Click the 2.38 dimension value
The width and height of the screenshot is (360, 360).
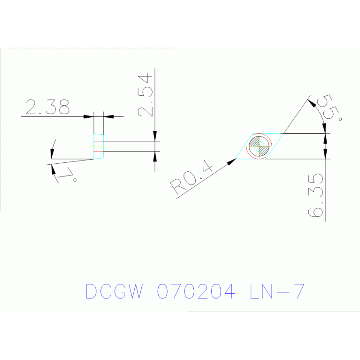click(47, 107)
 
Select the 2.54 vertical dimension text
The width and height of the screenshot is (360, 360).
click(145, 95)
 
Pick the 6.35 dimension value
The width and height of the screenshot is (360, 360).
click(316, 195)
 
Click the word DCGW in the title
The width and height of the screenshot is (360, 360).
click(114, 291)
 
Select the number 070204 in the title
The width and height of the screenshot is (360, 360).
click(195, 291)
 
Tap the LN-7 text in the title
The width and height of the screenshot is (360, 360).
click(277, 291)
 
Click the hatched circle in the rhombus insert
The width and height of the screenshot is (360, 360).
click(259, 146)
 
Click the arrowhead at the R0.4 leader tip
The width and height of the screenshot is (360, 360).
click(231, 161)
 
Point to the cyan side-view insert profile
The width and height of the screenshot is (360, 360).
click(99, 146)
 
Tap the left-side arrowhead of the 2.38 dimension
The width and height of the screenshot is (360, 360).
click(88, 116)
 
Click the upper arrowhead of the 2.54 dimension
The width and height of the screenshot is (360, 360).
click(155, 136)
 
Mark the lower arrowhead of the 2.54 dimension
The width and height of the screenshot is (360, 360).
click(155, 156)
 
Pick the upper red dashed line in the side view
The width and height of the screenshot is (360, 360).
click(98, 141)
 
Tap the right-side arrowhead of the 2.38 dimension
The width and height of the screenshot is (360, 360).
click(108, 116)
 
